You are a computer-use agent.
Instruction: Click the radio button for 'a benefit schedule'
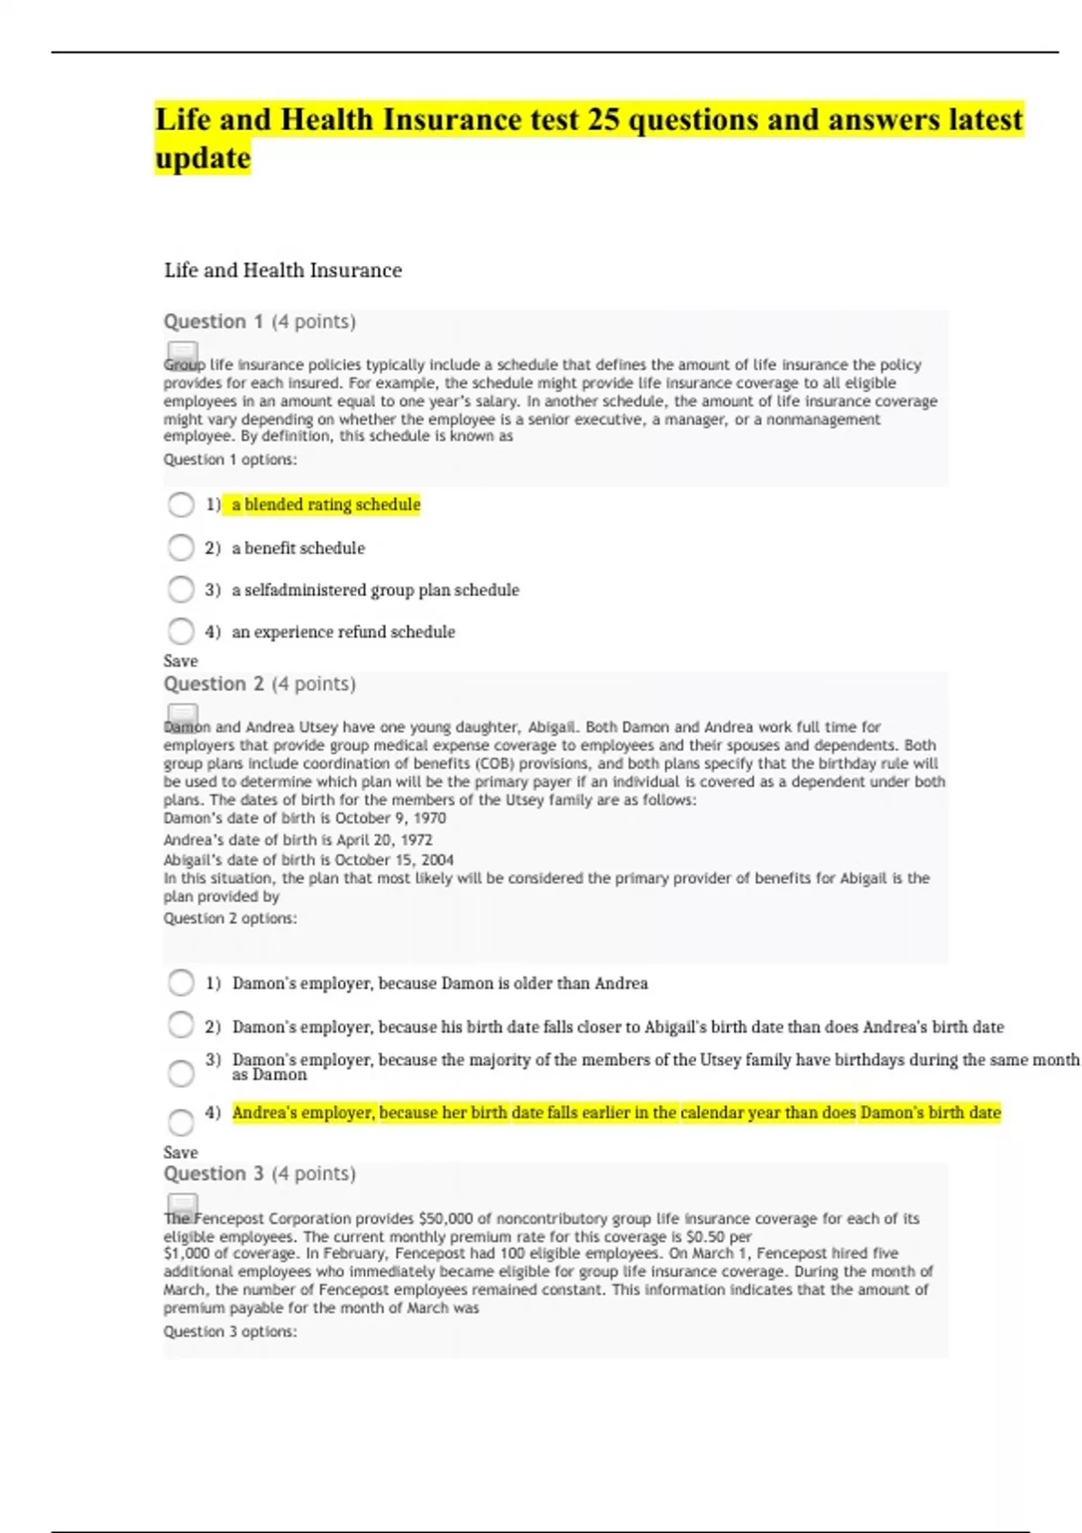(x=181, y=547)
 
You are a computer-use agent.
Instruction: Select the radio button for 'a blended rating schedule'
(x=181, y=504)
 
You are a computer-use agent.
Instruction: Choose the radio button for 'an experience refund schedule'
(x=181, y=631)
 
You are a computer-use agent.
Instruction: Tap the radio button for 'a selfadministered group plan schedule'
(x=181, y=590)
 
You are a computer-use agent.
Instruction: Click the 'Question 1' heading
(x=214, y=322)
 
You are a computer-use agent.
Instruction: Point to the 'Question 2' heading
(x=214, y=684)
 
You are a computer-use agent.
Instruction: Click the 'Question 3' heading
(x=214, y=1174)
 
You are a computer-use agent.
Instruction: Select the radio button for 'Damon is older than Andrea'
(x=181, y=983)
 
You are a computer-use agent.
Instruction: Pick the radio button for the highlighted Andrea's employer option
(x=181, y=1122)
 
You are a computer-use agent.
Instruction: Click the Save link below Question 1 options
(x=180, y=661)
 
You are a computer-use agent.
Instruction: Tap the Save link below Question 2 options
(x=180, y=1152)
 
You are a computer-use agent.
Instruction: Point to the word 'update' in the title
(x=203, y=159)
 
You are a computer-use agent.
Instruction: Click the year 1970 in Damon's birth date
(x=429, y=818)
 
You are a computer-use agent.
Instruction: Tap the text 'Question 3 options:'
(x=230, y=1332)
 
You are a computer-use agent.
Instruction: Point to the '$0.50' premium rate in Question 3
(x=705, y=1237)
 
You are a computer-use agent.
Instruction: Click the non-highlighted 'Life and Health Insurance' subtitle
(x=283, y=271)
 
